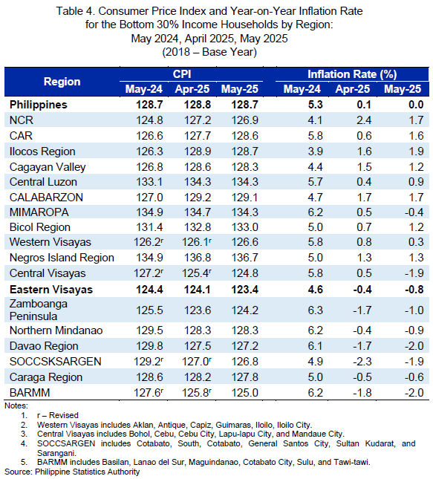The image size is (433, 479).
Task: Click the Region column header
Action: (x=62, y=82)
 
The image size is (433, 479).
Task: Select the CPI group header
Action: (x=182, y=74)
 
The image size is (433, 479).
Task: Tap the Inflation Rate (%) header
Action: (x=352, y=74)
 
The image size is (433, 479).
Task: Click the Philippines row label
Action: (x=38, y=105)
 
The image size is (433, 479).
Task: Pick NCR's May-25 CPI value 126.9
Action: (x=245, y=120)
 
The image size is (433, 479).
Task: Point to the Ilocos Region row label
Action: (x=42, y=151)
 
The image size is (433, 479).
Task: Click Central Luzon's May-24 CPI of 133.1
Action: (x=149, y=182)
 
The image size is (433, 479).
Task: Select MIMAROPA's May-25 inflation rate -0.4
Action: (x=414, y=212)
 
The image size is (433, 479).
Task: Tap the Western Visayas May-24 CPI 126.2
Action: (x=149, y=242)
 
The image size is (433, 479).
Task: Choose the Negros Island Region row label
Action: (x=62, y=258)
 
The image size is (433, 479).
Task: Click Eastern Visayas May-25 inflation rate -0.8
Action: (x=414, y=290)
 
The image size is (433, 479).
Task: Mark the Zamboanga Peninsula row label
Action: (x=39, y=310)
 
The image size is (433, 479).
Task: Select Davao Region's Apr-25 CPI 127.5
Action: (x=198, y=346)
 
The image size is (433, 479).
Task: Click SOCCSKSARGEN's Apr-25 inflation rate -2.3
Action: (x=362, y=362)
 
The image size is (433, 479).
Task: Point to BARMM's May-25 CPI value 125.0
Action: (x=245, y=393)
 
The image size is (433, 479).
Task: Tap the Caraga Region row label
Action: (x=46, y=377)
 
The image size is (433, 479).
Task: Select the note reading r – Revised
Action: (x=58, y=415)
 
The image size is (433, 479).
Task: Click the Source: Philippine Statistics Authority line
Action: (x=72, y=472)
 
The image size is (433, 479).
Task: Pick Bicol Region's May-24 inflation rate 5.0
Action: (x=315, y=227)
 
